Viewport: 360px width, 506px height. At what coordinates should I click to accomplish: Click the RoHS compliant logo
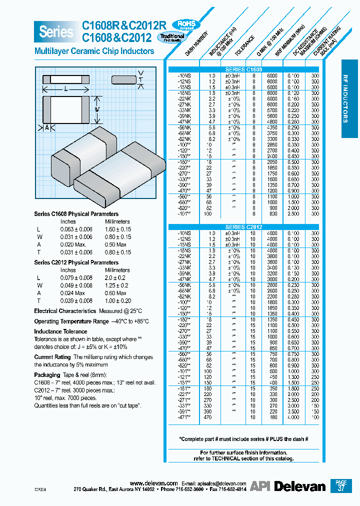click(x=184, y=25)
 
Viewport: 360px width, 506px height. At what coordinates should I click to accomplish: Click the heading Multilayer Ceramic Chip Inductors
click(x=94, y=51)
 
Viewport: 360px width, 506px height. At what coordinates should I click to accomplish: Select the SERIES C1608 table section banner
click(x=243, y=69)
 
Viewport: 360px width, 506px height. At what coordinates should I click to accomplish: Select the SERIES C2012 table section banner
click(x=243, y=227)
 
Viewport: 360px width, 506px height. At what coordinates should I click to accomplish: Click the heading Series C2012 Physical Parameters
click(x=76, y=262)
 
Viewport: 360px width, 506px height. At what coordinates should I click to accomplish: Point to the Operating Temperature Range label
click(x=71, y=321)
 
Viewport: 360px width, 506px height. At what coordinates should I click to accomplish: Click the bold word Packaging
click(x=47, y=374)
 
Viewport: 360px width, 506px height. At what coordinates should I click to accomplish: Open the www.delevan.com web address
click(x=153, y=483)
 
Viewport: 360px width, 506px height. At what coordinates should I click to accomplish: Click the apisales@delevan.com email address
click(x=221, y=483)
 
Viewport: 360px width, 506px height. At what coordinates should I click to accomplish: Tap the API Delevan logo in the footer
click(x=287, y=486)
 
